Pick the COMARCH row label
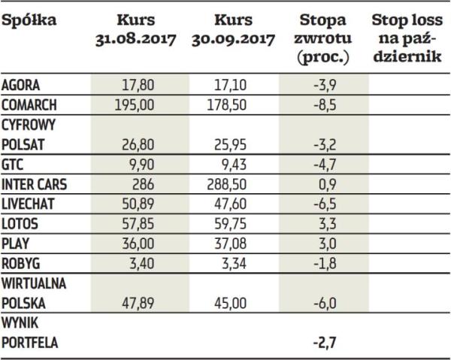click(x=31, y=103)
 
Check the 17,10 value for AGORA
click(x=231, y=85)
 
